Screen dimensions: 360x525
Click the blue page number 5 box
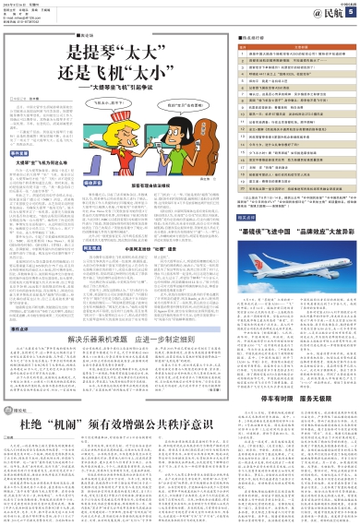pyautogui.click(x=351, y=11)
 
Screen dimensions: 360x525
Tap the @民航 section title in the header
pyautogui.click(x=322, y=11)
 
